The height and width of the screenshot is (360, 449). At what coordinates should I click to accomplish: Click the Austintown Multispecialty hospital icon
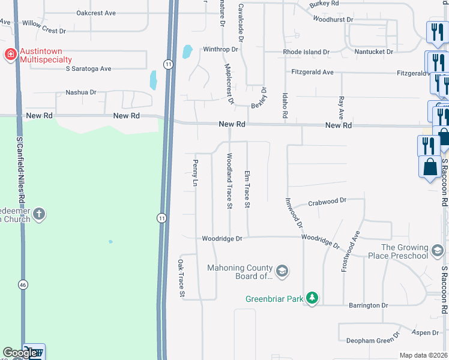pos(10,55)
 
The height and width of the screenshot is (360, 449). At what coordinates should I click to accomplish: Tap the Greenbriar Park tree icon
pos(312,298)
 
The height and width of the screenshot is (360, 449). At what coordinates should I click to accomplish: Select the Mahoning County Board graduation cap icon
pos(283,272)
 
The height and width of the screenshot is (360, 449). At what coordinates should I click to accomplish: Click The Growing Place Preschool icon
pos(438,249)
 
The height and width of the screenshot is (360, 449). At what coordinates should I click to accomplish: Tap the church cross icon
pos(39,214)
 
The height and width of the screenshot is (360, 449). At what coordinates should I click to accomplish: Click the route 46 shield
pos(23,284)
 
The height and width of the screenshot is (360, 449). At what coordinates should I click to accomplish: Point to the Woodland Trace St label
pos(229,181)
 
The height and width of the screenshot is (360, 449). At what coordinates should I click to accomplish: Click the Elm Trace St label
pos(247,189)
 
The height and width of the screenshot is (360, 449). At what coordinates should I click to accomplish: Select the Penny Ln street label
pos(195,172)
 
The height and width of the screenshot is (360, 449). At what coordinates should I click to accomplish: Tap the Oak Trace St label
pos(180,278)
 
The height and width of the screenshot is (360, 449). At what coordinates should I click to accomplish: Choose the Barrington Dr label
pos(369,305)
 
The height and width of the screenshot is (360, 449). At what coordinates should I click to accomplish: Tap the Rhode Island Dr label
pos(307,52)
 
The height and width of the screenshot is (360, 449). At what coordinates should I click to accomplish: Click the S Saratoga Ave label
pos(89,68)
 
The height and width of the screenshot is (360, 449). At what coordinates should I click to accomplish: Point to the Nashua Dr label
pos(81,92)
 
